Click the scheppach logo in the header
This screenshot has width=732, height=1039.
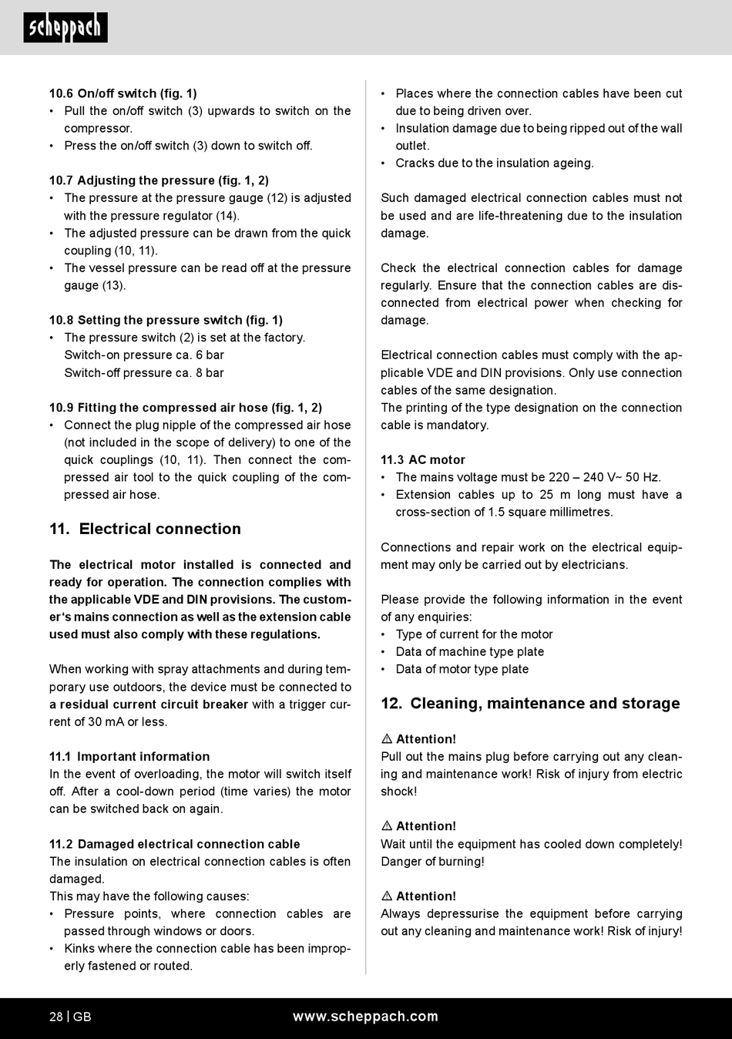point(65,28)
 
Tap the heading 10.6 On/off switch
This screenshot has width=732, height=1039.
point(123,93)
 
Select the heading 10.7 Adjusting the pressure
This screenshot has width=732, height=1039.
point(159,180)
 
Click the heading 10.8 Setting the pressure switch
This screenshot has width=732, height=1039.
point(166,320)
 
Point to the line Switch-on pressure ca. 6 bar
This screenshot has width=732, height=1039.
point(144,355)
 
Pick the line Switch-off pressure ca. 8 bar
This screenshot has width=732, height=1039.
point(144,373)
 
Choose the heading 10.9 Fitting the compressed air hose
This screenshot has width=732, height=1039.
point(186,408)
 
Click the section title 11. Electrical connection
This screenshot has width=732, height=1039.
point(145,529)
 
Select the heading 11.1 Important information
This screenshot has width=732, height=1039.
point(129,757)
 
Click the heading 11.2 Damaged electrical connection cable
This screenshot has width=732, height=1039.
point(175,844)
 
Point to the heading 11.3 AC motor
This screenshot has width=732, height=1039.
point(423,460)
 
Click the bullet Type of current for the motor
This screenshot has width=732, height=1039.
point(474,634)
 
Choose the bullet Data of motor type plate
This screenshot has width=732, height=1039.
point(462,669)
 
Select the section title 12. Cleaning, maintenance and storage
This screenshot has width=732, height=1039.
point(530,704)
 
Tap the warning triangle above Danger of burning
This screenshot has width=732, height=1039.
point(387,826)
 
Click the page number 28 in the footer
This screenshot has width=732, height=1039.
point(56,1017)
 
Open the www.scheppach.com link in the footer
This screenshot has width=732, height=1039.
point(365,1017)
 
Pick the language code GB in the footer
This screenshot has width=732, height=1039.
point(82,1017)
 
